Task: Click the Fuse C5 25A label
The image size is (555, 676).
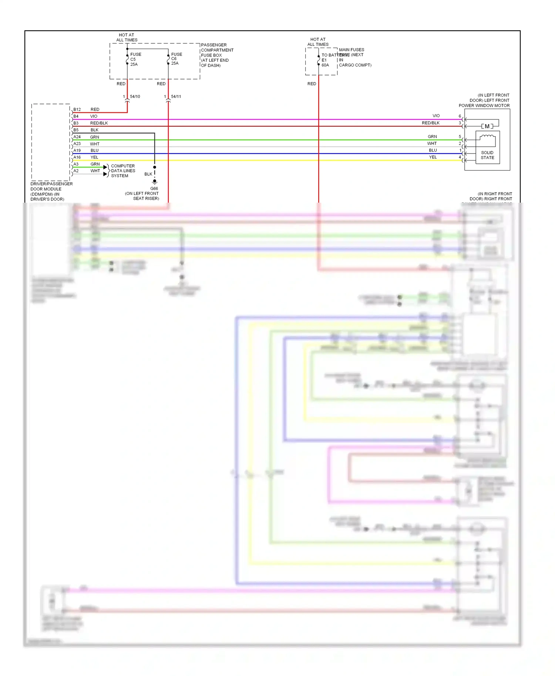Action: click(135, 59)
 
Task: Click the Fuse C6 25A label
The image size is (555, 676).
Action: click(176, 59)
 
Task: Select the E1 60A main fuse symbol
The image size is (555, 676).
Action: click(319, 60)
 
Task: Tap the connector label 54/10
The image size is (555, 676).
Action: click(135, 97)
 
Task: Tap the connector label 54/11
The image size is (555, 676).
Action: click(176, 97)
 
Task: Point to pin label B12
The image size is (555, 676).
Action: click(77, 109)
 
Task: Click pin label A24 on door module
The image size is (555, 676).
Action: click(77, 137)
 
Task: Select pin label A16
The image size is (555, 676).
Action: click(77, 157)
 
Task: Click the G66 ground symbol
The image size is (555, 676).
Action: click(155, 182)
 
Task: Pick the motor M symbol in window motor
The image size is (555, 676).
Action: click(487, 126)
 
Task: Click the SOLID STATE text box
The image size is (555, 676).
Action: click(487, 155)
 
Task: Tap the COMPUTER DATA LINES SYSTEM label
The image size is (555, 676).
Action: click(123, 171)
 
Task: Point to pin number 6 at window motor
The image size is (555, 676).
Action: click(460, 116)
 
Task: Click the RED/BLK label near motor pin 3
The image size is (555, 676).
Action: click(431, 123)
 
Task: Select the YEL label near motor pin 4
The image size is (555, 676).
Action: click(433, 157)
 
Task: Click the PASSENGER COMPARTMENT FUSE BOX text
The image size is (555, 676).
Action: click(217, 55)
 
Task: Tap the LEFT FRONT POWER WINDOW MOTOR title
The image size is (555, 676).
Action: click(485, 101)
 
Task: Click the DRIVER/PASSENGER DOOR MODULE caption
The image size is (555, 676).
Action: click(51, 191)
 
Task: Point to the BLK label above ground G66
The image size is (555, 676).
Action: click(148, 174)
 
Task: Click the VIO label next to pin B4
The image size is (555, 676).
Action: click(94, 116)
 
